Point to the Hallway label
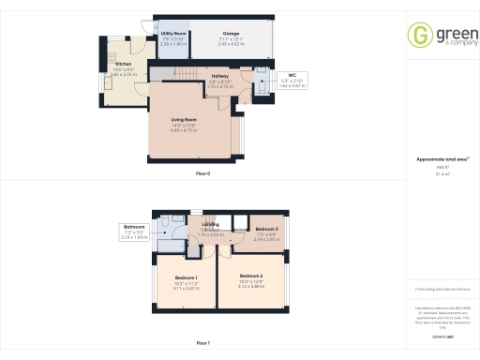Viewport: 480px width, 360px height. click(220, 75)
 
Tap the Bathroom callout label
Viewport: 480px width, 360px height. click(133, 226)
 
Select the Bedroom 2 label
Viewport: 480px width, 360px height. click(250, 277)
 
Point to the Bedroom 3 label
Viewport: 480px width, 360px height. click(267, 230)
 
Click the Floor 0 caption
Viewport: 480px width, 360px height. click(202, 174)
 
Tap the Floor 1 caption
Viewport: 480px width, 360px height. click(202, 344)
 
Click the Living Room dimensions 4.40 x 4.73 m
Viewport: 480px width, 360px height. click(185, 130)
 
